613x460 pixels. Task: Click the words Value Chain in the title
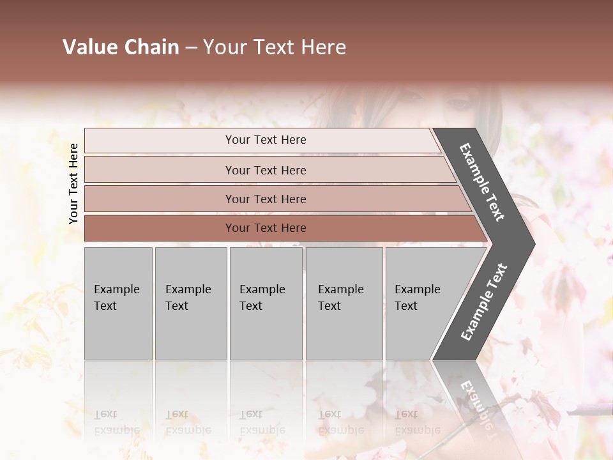click(121, 47)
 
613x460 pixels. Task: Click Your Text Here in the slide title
click(275, 47)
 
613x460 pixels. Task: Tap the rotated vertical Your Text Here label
click(73, 183)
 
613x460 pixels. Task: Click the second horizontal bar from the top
click(266, 170)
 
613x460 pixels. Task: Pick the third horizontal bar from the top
click(266, 199)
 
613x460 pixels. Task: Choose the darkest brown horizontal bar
click(266, 228)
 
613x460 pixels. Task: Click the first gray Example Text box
click(118, 303)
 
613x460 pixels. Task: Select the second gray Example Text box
click(190, 303)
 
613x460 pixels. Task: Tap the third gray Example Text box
click(266, 303)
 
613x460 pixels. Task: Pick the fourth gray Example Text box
click(344, 303)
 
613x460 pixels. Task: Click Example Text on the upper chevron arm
click(482, 182)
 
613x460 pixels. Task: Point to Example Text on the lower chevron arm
click(484, 302)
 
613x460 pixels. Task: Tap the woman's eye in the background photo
click(457, 102)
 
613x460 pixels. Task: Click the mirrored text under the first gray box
click(116, 422)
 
